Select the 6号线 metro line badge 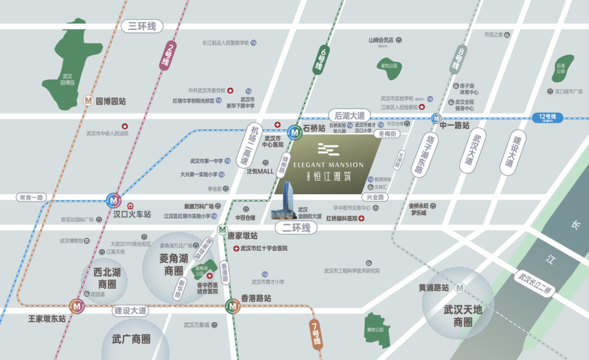pos(322,61)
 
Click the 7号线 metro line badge pos(316,334)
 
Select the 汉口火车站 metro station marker pos(113,200)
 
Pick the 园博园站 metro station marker pos(88,101)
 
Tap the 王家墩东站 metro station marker pos(76,307)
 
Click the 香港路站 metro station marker pos(233,307)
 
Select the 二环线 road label pos(296,227)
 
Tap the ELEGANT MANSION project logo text pos(328,164)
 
